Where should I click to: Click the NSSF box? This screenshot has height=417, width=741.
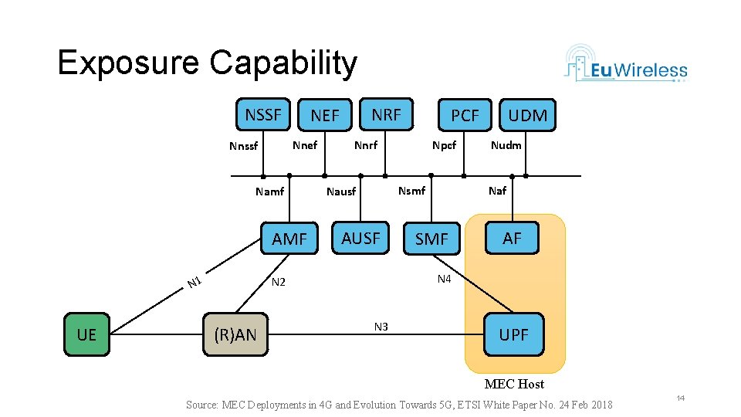263,115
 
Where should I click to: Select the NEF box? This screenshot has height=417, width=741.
325,115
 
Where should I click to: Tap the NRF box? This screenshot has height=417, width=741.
386,114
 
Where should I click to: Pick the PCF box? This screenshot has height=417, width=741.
465,115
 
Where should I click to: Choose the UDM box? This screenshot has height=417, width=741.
528,115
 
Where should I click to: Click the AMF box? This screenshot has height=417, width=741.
289,239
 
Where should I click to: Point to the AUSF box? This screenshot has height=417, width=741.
360,238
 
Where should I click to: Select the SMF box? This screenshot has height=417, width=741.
431,239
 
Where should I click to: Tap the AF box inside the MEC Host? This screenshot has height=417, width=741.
512,238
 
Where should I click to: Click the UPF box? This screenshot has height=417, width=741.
513,334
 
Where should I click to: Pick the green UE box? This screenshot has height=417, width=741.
86,334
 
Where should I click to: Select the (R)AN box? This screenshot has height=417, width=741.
235,334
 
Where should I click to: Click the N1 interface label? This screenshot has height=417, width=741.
195,283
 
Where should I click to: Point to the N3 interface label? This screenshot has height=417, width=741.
381,327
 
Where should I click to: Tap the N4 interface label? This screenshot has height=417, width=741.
444,279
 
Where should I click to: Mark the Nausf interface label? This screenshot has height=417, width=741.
341,192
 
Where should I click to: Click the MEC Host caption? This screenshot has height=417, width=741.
514,384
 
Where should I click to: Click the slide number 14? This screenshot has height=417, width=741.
680,398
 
